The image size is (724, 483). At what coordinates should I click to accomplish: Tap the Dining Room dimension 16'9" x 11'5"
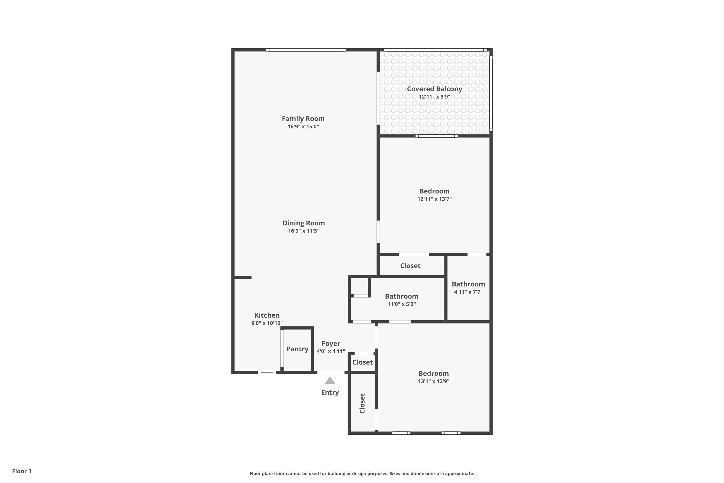[304, 231]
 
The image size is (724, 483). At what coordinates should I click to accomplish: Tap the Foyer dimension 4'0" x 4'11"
[331, 351]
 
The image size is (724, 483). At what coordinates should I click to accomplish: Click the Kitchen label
[267, 315]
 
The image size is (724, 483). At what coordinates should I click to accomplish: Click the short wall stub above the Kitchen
[243, 277]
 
